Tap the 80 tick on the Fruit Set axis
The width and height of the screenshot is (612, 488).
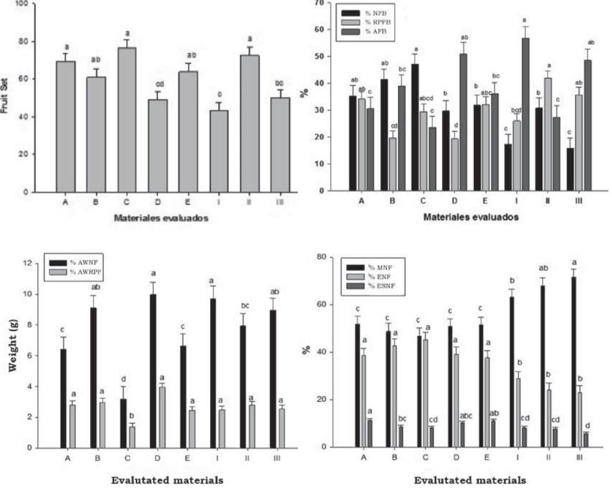(26, 42)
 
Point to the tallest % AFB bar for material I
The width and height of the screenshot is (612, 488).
(525, 114)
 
